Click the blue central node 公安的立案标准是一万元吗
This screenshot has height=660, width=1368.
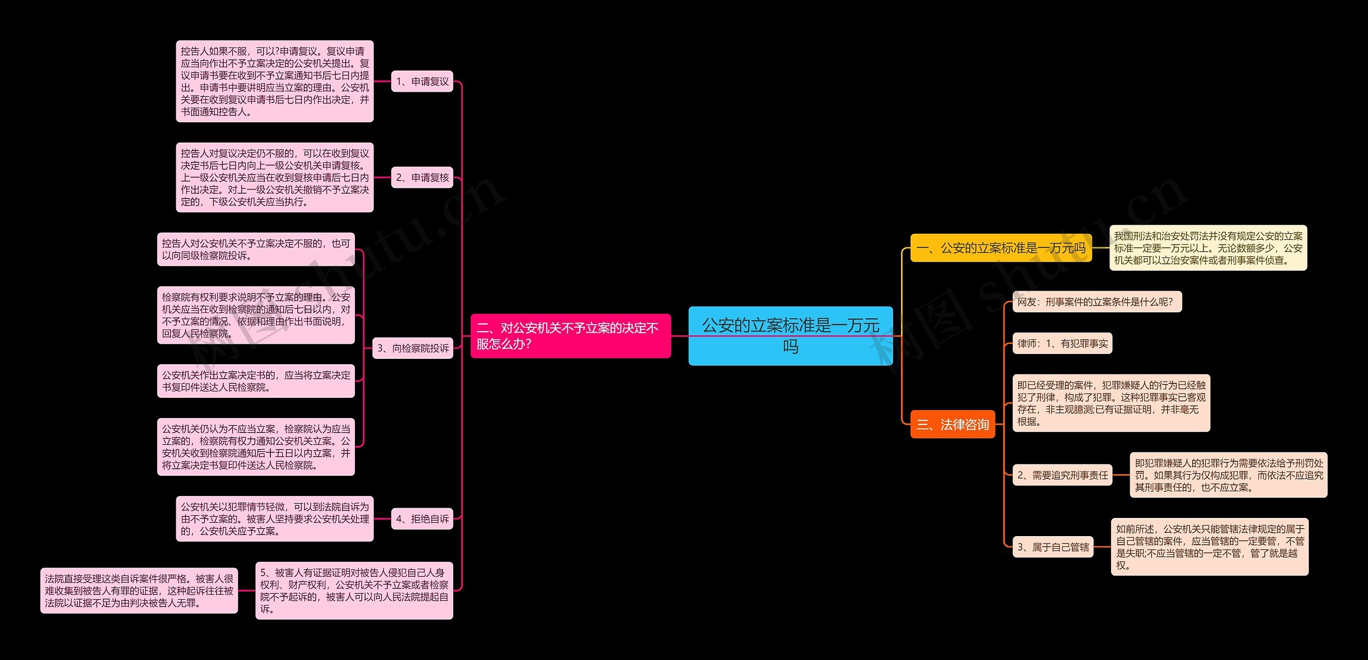[x=790, y=336]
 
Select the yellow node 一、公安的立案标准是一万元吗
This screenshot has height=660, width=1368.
[x=1001, y=248]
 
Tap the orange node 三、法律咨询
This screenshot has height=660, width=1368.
[x=953, y=425]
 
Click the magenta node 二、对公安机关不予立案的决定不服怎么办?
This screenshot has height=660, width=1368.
[x=571, y=336]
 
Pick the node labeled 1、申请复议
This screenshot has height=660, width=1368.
[x=422, y=81]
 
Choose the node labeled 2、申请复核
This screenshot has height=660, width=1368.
[x=422, y=177]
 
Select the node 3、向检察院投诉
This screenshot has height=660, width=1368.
[x=413, y=348]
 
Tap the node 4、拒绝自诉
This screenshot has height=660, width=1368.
[x=422, y=518]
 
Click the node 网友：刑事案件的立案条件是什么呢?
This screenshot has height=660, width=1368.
[x=1097, y=302]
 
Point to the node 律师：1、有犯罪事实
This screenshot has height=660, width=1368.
[x=1062, y=343]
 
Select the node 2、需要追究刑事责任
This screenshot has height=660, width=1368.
[x=1062, y=475]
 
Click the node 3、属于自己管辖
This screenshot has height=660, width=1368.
[x=1053, y=547]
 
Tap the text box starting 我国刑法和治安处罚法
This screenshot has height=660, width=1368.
[x=1208, y=248]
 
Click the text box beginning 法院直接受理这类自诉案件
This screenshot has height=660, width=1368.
[x=139, y=591]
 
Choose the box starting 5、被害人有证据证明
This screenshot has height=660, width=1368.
[x=354, y=591]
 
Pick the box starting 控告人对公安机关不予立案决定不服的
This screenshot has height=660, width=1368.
[x=256, y=249]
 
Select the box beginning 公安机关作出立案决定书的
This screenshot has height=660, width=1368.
[x=256, y=381]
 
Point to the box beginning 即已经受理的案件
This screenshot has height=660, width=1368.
[x=1111, y=403]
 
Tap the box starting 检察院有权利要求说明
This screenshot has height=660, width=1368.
[x=256, y=315]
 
